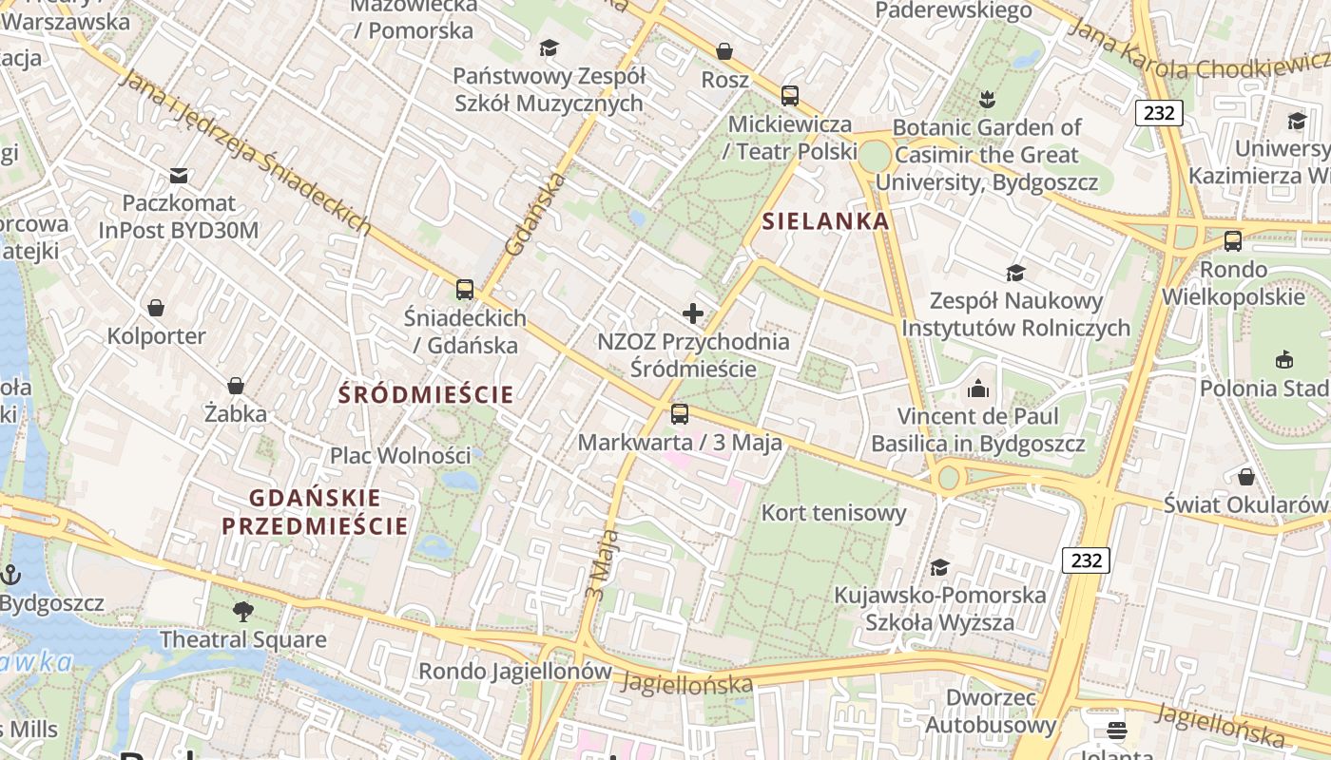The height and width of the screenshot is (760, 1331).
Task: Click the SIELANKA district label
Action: (826, 221)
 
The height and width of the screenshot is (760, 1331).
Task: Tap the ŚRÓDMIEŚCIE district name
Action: (426, 394)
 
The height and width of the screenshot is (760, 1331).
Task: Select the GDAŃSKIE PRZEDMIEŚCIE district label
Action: (315, 511)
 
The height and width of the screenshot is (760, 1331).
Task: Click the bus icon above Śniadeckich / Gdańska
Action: (465, 289)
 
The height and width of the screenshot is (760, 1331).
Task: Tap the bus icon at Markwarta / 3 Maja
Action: (680, 413)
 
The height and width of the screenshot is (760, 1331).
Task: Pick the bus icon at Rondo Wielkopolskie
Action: (1233, 240)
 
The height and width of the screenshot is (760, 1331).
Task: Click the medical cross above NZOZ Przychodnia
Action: (693, 313)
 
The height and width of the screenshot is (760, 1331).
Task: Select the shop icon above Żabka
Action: (236, 386)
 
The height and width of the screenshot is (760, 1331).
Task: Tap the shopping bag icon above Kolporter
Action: (156, 308)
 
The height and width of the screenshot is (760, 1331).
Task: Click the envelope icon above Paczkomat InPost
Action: (179, 175)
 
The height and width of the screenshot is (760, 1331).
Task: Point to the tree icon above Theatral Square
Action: (243, 611)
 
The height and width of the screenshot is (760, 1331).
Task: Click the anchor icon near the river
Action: (10, 574)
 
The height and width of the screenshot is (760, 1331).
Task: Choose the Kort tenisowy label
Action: (834, 513)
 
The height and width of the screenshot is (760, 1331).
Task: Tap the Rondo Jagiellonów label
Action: (515, 671)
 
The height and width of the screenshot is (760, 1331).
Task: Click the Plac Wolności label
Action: (400, 455)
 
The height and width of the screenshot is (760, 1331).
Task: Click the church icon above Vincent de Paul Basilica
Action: (978, 388)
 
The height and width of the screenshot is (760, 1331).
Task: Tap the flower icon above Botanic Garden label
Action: (986, 98)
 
